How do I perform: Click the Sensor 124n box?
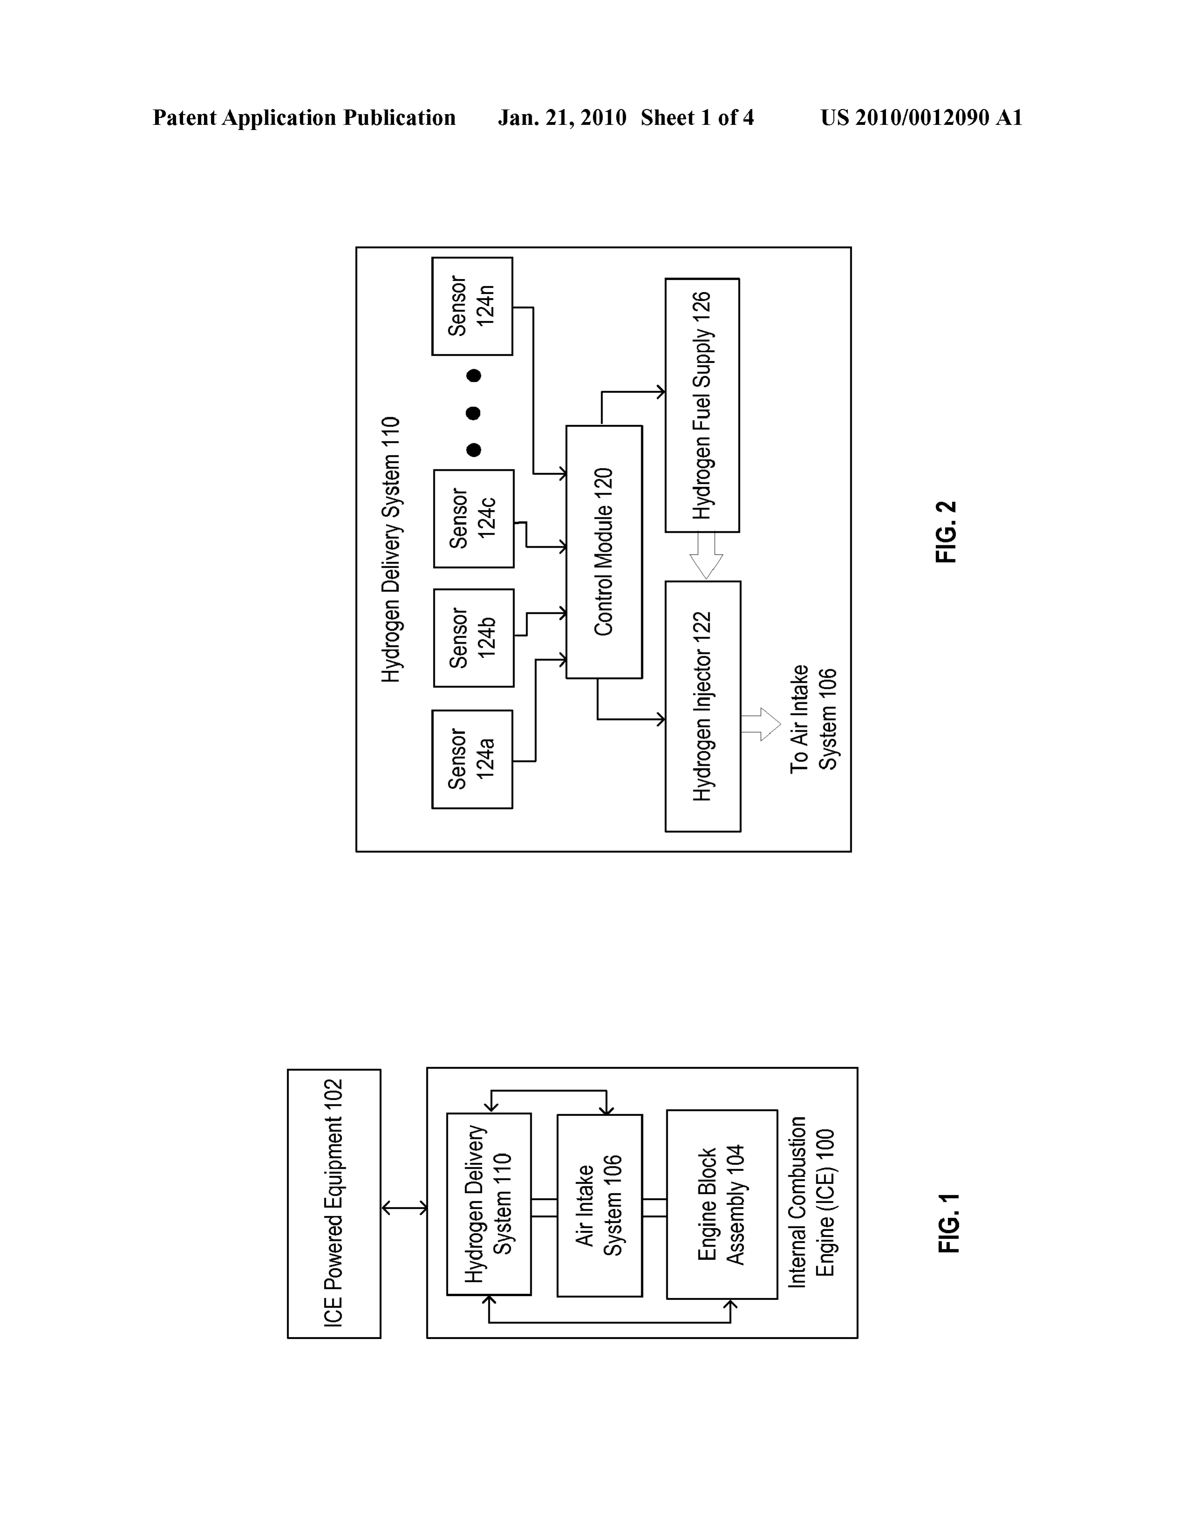coord(472,306)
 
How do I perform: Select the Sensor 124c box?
coord(474,519)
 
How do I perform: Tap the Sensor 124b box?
coord(474,638)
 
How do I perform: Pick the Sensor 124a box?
coord(472,759)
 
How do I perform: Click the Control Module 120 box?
coord(604,552)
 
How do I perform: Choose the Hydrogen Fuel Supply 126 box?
coord(702,405)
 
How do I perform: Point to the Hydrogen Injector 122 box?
coord(703,707)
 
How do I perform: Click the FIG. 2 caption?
coord(947,531)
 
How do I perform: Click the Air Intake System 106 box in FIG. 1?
coord(600,1205)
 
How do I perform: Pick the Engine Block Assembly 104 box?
coord(722,1205)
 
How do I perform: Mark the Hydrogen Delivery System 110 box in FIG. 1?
coord(489,1204)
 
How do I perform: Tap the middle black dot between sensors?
coord(474,413)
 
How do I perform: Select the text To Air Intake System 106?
coord(814,719)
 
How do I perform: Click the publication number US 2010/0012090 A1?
coord(921,117)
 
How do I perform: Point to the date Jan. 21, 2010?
coord(562,117)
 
